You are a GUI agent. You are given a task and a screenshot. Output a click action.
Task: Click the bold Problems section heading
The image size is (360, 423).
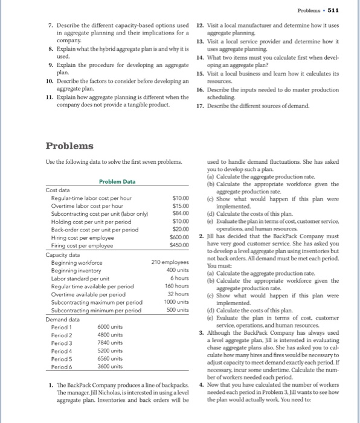pos(70,146)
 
